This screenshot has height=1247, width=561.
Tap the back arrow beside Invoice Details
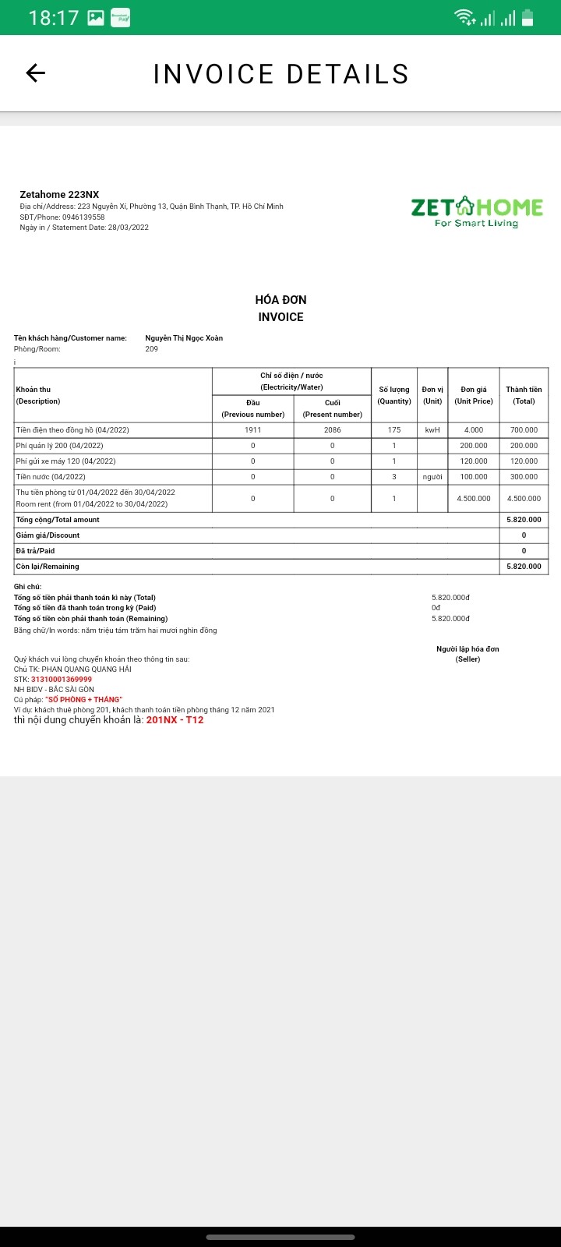(x=36, y=73)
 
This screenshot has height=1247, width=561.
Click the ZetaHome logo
(x=477, y=211)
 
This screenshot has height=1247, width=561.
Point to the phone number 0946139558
(x=83, y=217)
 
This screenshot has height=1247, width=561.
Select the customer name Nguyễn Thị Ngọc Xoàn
(x=184, y=338)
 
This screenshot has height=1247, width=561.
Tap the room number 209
(x=151, y=349)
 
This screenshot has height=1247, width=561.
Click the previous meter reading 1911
(x=252, y=430)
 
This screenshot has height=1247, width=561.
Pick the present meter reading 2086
(x=333, y=430)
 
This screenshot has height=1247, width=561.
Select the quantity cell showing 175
(x=394, y=430)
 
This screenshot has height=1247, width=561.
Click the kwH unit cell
(x=432, y=430)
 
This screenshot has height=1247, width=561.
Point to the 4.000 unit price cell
(x=474, y=430)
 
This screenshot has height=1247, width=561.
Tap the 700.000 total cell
(x=524, y=430)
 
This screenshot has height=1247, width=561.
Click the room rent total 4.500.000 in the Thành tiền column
(x=524, y=499)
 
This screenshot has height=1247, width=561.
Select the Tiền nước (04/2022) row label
(x=51, y=477)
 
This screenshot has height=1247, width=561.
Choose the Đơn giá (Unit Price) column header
(x=474, y=395)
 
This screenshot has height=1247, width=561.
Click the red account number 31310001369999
(x=62, y=680)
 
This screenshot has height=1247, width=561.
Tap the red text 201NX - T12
(x=175, y=720)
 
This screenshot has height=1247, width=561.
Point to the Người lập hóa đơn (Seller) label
(x=467, y=654)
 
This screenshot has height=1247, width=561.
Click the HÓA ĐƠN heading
(x=280, y=300)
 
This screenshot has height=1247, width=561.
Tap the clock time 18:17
(x=54, y=17)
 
